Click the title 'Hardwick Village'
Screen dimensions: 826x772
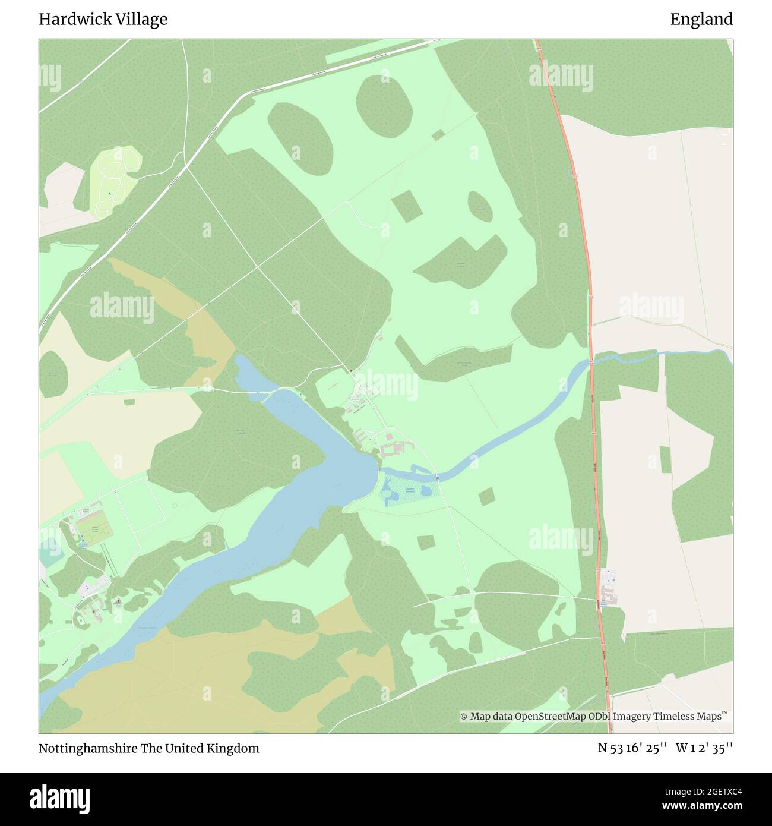coord(103,20)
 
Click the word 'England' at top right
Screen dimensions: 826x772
coord(701,20)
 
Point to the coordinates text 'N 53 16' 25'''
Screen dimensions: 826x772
coord(633,748)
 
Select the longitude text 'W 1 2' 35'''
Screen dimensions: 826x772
coord(704,748)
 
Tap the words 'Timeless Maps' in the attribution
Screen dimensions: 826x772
coord(687,716)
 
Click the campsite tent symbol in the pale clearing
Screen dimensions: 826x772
coord(109,194)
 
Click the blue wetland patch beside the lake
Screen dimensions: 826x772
coord(409,491)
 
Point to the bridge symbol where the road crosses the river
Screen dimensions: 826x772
coord(437,477)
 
